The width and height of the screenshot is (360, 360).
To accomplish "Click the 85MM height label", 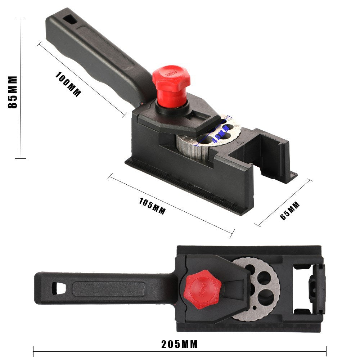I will point(13,92).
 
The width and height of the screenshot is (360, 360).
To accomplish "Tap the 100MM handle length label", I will point(68,84).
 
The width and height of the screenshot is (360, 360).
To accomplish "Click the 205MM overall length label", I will point(180,345).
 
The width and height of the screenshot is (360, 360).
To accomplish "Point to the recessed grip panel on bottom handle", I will point(108,289).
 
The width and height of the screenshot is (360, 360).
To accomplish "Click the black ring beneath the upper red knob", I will point(172,107).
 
